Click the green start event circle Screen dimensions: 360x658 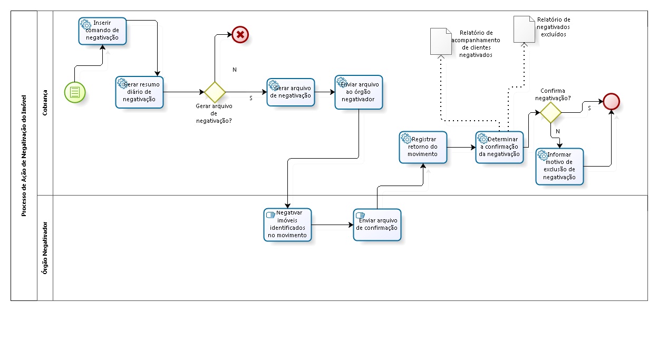click(75, 92)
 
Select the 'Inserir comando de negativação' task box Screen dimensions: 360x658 click(102, 31)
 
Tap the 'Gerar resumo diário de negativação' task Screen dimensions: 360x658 click(139, 92)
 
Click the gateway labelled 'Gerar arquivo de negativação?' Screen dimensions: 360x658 click(215, 92)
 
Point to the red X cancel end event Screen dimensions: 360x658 click(240, 35)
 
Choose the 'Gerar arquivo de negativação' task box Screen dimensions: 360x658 click(291, 92)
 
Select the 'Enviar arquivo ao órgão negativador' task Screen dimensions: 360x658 click(359, 92)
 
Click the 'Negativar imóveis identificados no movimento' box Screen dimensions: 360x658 click(287, 225)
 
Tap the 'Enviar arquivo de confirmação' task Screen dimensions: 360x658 click(377, 225)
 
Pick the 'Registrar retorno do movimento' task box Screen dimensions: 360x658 click(423, 148)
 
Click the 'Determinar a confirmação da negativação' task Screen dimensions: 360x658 click(499, 148)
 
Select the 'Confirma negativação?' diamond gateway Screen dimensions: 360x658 click(550, 112)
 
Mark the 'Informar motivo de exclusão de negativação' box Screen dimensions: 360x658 click(559, 167)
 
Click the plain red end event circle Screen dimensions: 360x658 click(612, 101)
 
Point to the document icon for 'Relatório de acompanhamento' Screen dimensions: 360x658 click(441, 42)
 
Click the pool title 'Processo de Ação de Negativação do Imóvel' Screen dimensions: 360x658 click(24, 156)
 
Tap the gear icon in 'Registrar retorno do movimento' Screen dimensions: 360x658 click(406, 138)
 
